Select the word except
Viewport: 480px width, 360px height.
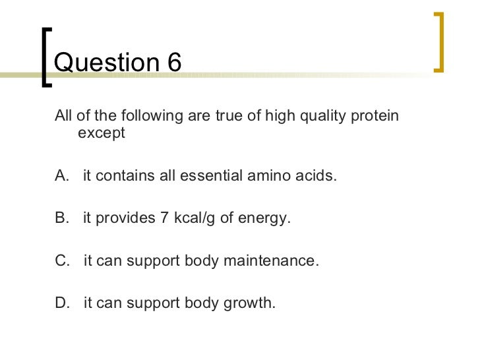click(101, 133)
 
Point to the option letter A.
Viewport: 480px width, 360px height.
click(62, 177)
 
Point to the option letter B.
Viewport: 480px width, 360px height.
click(62, 219)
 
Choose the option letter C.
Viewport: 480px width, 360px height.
click(62, 261)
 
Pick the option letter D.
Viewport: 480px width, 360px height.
click(62, 303)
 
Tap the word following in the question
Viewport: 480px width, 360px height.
click(141, 117)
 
